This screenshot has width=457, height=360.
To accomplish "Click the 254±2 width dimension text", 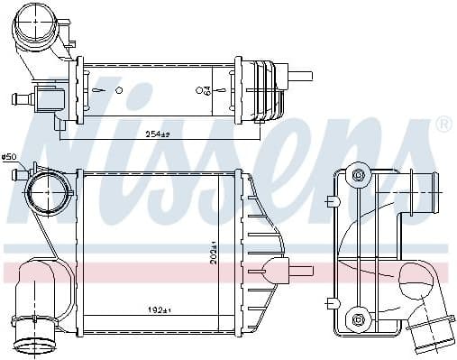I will point(159,134).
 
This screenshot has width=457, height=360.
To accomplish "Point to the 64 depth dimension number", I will point(206,90).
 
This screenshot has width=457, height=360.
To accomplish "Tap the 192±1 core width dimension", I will point(159,309).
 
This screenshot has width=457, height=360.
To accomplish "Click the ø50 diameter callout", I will point(10,157).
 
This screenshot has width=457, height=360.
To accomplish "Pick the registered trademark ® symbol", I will point(443,125).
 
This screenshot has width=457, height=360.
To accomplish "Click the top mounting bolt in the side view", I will point(358,174).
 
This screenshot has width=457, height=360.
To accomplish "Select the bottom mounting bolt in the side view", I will point(358,318).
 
